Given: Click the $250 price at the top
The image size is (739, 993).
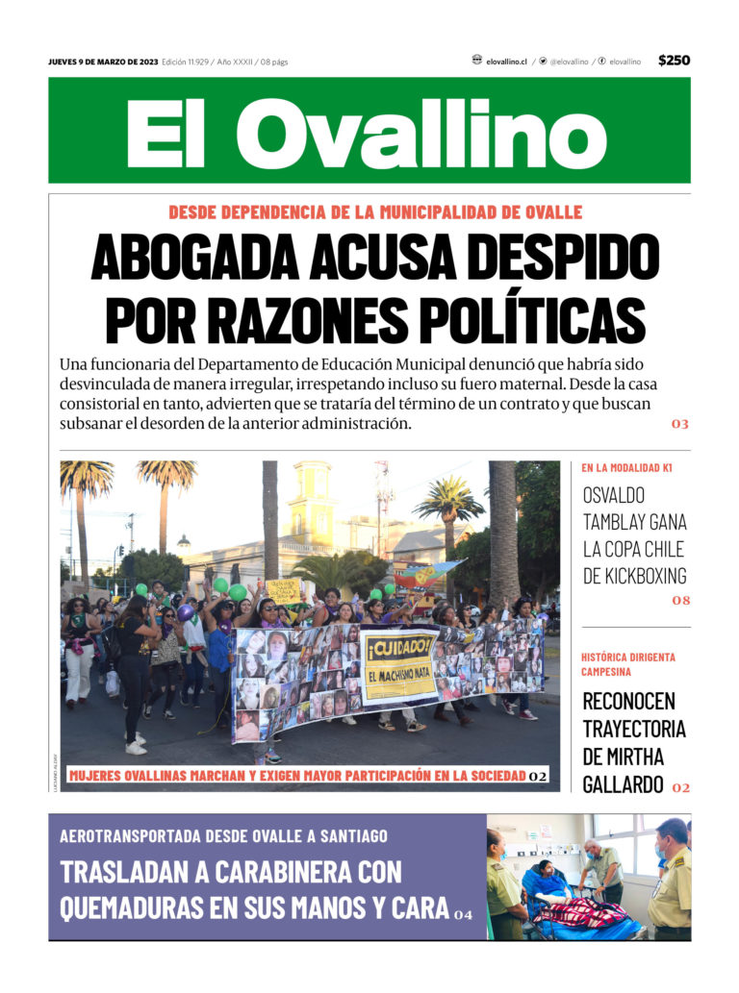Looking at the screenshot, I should pos(674,61).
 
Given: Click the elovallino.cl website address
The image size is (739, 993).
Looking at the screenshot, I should pos(506,62).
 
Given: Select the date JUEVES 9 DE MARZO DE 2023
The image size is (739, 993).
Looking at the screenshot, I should pos(103,62).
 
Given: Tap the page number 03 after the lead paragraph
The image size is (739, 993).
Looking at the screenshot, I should pos(680,424).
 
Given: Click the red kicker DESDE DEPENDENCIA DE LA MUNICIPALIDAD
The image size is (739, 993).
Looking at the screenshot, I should pos(375,212).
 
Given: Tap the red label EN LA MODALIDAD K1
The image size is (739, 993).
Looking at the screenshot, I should pos(626,468).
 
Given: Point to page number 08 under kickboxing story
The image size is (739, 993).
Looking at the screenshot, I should pos(680,601).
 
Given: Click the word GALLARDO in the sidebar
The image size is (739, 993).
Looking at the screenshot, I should pos(623,784).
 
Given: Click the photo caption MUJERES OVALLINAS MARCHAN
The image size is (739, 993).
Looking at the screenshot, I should pos(296,776).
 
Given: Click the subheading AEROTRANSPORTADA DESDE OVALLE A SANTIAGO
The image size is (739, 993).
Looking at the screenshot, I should pos(224,835).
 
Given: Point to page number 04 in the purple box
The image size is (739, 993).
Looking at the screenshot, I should pos(464,913).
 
